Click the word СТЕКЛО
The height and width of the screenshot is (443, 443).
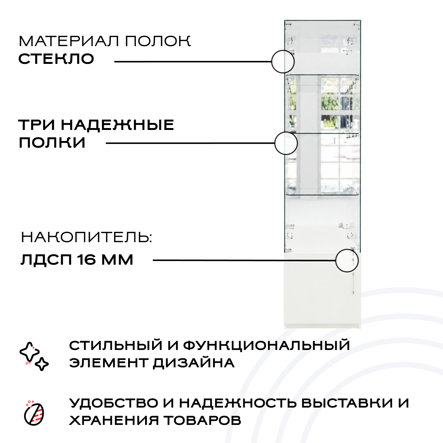pos(56,59)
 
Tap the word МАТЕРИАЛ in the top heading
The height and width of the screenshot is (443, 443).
pos(69,41)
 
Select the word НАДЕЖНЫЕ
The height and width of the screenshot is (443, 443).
pos(117,125)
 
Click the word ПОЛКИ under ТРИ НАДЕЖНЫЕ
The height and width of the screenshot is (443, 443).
pos(52,142)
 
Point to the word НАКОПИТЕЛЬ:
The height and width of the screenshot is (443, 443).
pos(86,237)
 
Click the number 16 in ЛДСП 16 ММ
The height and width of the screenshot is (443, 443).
pos(86,260)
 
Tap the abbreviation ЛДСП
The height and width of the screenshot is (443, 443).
pos(46,260)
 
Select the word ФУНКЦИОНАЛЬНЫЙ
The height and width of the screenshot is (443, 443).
pos(267,346)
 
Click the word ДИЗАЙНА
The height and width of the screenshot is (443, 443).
pos(193,363)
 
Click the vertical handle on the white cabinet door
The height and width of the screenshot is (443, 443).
pos(353,284)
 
